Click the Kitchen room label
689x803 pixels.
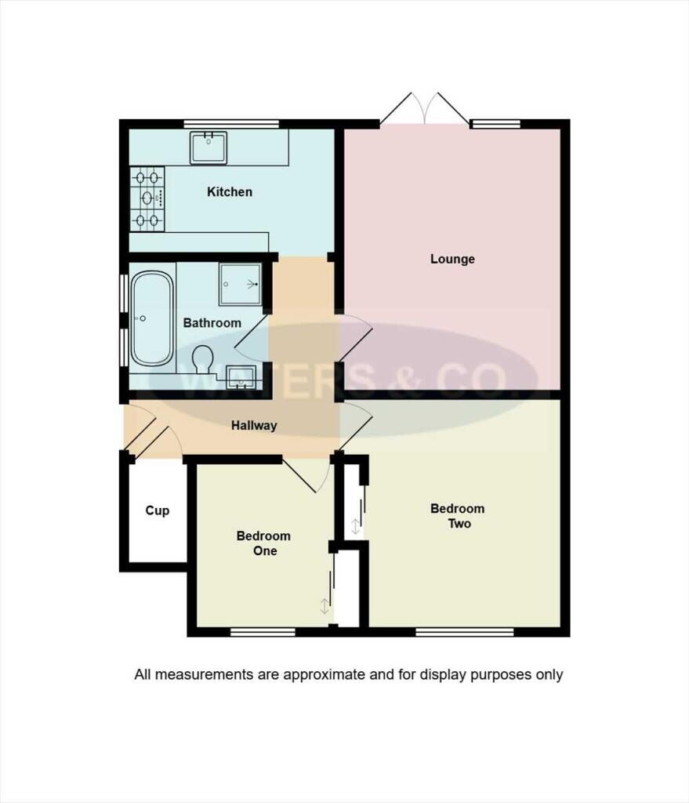tap(230, 191)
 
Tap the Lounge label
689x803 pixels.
tap(452, 259)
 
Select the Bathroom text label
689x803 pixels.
tap(212, 322)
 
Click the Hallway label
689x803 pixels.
tap(254, 426)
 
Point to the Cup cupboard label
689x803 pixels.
tap(157, 511)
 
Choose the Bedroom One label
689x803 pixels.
tap(263, 543)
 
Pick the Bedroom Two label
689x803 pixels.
tap(458, 515)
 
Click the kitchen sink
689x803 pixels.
tap(209, 147)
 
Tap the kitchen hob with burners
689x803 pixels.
tap(147, 199)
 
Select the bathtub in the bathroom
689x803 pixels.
tap(151, 318)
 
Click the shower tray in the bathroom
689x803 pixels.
tap(241, 283)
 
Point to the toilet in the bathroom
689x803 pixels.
tap(203, 360)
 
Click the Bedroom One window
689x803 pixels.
tap(263, 631)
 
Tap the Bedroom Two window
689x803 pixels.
tap(464, 631)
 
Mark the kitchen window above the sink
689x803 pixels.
tap(231, 123)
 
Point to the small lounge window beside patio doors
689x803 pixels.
tap(495, 123)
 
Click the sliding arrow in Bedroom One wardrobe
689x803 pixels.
tap(325, 605)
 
